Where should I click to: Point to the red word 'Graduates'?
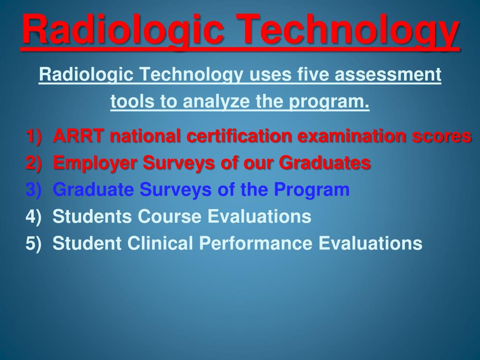[325, 163]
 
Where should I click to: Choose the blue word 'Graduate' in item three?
[93, 190]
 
